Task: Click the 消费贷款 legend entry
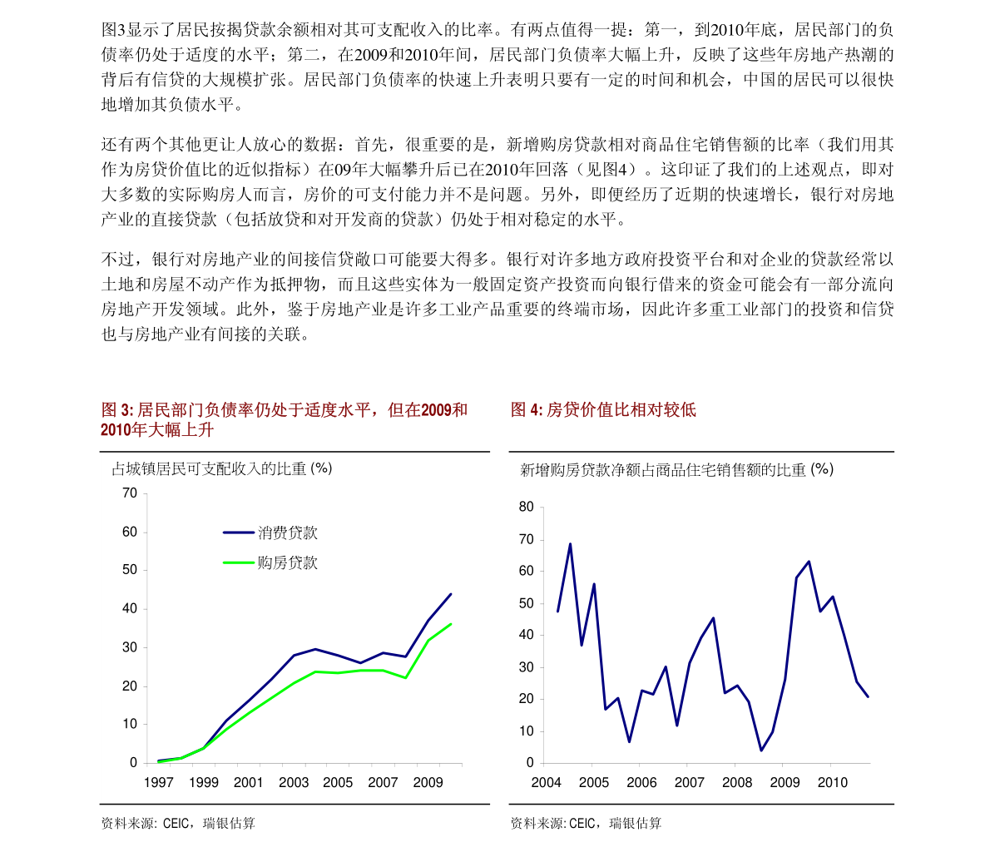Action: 287,532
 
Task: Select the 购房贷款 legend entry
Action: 287,562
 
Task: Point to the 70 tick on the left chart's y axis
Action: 130,493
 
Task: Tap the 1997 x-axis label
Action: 159,782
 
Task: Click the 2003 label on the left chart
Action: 293,782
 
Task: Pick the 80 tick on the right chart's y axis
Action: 526,507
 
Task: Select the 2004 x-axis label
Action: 546,782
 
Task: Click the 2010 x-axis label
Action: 832,782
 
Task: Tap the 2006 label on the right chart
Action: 641,782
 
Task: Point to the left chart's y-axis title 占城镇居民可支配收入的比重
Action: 221,469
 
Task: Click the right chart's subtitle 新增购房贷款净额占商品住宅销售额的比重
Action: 676,470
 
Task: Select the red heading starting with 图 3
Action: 284,419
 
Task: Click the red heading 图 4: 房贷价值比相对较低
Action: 603,409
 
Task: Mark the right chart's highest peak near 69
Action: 570,544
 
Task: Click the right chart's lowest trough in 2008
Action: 760,750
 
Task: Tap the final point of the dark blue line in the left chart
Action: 451,594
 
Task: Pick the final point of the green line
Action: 451,624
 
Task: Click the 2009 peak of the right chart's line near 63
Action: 809,562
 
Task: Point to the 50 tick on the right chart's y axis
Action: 526,603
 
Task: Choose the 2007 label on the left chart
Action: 383,782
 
